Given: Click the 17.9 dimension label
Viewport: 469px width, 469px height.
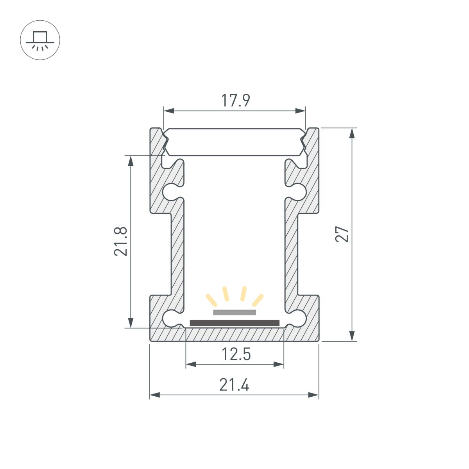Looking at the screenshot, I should pyautogui.click(x=235, y=100).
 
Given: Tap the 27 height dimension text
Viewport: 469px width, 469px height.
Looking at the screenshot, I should pyautogui.click(x=342, y=234).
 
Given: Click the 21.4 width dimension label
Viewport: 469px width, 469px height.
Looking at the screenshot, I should pyautogui.click(x=234, y=385).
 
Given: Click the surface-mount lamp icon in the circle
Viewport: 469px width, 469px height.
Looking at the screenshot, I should pyautogui.click(x=40, y=40).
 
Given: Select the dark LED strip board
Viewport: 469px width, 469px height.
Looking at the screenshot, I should pyautogui.click(x=234, y=323).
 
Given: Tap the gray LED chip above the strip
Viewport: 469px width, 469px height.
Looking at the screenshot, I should pyautogui.click(x=234, y=312).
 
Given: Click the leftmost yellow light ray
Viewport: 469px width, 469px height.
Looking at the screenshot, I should pyautogui.click(x=211, y=300).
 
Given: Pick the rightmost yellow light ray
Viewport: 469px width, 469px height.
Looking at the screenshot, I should pyautogui.click(x=258, y=300).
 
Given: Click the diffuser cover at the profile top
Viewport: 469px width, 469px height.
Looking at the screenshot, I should pyautogui.click(x=234, y=142).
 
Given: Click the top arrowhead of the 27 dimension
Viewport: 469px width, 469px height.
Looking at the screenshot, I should pyautogui.click(x=352, y=133).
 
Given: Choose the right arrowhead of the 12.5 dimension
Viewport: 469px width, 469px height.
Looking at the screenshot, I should pyautogui.click(x=279, y=364).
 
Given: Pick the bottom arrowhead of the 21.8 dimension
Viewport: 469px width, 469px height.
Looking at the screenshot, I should pyautogui.click(x=131, y=322).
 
